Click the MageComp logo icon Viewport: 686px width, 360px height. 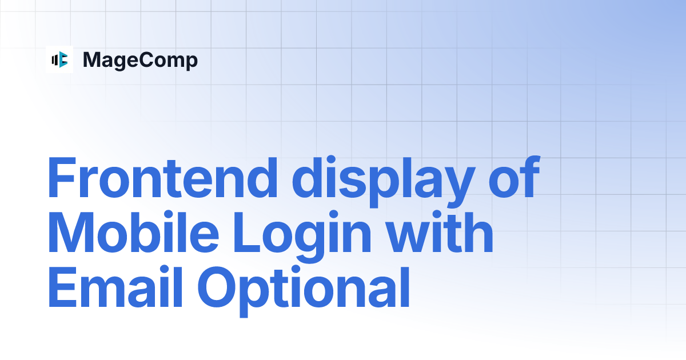pyautogui.click(x=59, y=59)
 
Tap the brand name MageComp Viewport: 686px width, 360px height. pyautogui.click(x=140, y=60)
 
